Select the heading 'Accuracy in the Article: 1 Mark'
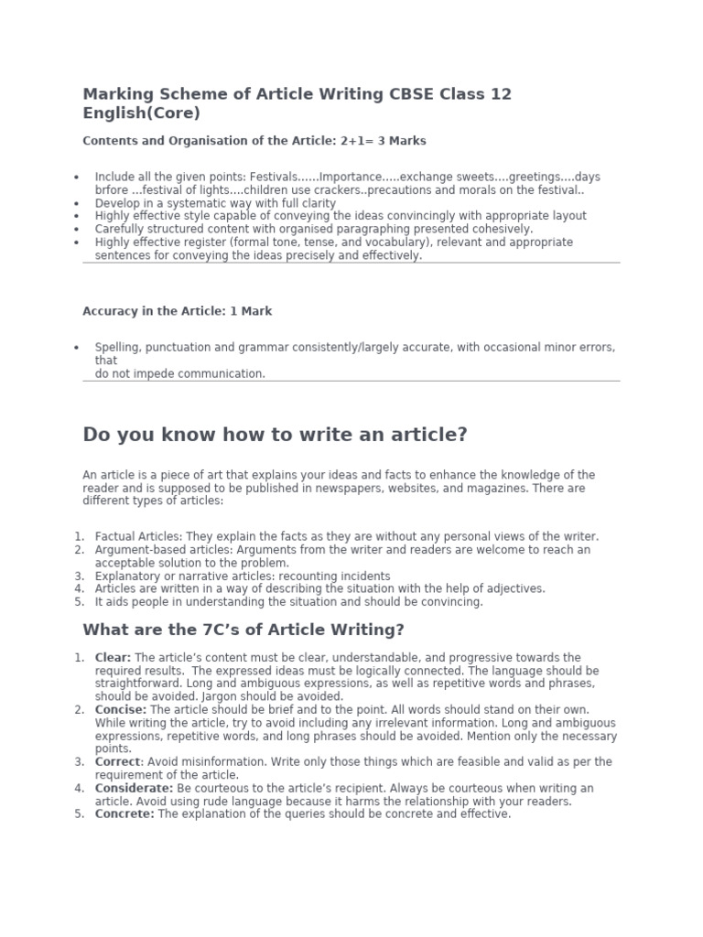tap(177, 311)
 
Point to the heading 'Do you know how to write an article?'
tap(275, 435)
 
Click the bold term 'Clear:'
tap(114, 658)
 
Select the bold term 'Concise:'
tap(121, 710)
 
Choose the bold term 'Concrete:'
tap(124, 814)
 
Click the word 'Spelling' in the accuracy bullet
tap(117, 348)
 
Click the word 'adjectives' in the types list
tap(514, 588)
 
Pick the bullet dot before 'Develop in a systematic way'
tap(76, 203)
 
